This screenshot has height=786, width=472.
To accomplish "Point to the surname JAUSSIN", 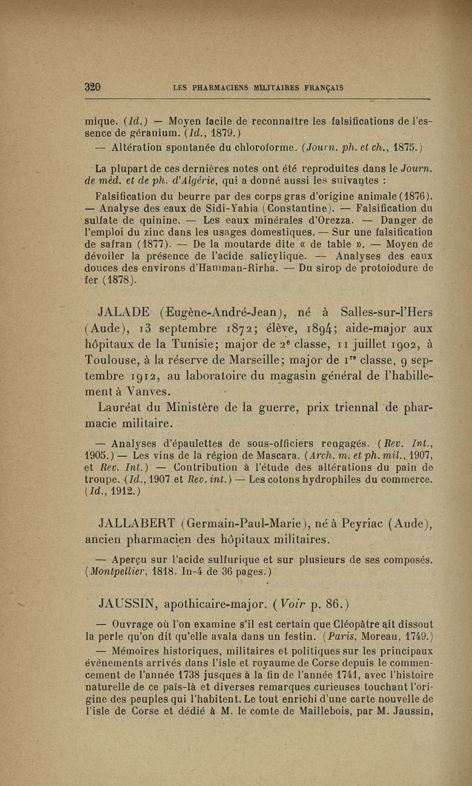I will click(x=128, y=603).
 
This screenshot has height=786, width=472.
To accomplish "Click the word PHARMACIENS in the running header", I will click(x=219, y=88).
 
